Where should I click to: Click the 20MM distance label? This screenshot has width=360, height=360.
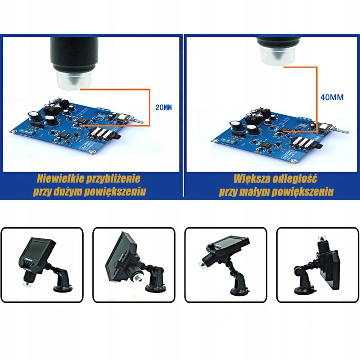pos(163,107)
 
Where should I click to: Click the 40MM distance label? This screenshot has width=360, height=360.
pos(332,97)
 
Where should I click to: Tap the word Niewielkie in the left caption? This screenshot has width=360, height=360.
pos(60,179)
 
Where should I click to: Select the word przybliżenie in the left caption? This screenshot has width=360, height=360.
pos(113,179)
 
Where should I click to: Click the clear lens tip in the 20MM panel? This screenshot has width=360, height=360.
pos(73,80)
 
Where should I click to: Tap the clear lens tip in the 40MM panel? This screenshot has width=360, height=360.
pos(278,55)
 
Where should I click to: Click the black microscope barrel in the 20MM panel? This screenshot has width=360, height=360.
pos(74,54)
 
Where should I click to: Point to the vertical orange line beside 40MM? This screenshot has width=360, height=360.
pos(317,99)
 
